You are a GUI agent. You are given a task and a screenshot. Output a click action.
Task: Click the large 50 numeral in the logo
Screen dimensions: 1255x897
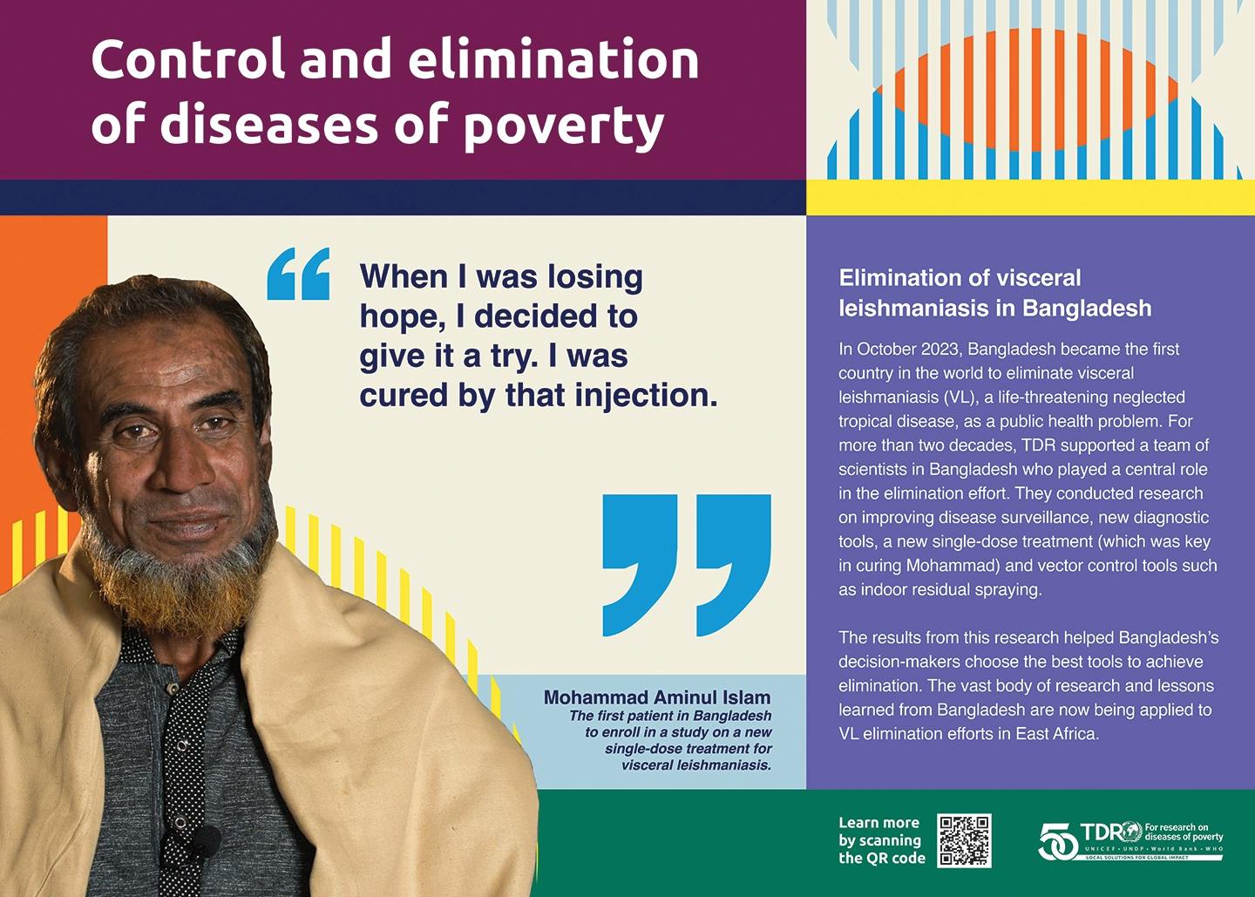tap(1058, 841)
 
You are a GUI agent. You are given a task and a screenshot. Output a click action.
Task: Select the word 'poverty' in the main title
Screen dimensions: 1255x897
tap(563, 126)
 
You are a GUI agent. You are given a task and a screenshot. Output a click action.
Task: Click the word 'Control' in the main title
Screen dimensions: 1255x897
tap(189, 59)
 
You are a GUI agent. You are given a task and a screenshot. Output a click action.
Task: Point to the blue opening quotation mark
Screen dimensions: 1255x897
tap(299, 274)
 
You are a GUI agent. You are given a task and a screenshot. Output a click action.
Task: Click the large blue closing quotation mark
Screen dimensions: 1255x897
tap(687, 565)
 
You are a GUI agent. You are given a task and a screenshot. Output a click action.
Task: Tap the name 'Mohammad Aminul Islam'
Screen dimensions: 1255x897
tap(657, 697)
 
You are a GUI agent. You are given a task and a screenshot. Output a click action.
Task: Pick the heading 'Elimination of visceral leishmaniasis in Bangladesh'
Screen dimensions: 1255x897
tap(995, 293)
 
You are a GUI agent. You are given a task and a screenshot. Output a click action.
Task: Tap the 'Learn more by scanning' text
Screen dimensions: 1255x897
tap(879, 832)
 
